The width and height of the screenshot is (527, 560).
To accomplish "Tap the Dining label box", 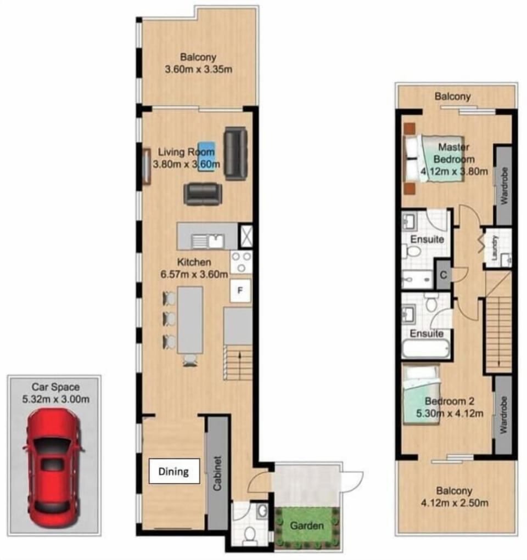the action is pos(174,472).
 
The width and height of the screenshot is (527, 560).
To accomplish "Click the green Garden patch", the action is pos(307,525).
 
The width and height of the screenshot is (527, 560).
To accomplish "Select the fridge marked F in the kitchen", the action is pos(240,290).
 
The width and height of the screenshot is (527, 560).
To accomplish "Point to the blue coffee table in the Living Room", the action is pos(206,156).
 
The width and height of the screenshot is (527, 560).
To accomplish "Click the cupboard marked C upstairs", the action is pos(444,275).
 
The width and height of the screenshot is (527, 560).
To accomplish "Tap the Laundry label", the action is pos(495,247).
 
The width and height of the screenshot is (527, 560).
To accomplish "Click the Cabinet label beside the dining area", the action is pos(217,473).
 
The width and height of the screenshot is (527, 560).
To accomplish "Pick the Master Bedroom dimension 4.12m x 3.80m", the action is pos(454,172).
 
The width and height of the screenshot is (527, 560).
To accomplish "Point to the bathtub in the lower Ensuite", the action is pos(425,349).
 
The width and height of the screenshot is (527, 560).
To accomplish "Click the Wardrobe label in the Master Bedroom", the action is pos(504,186).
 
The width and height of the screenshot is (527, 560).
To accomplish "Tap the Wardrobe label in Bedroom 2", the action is pos(503,415).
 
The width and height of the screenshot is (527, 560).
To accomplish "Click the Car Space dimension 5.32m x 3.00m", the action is pos(56,399).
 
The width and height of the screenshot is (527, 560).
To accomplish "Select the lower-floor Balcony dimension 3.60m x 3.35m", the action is pos(198,69).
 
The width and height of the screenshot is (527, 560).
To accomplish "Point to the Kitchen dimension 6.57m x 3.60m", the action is pos(194,274).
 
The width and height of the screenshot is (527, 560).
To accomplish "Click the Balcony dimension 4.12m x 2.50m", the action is pos(455,503).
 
